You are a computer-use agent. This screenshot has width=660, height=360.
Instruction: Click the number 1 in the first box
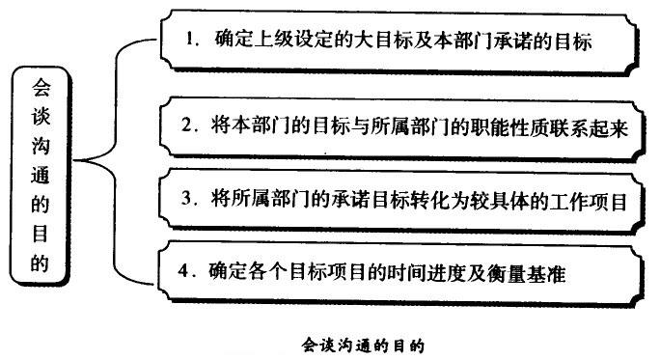pyautogui.click(x=191, y=41)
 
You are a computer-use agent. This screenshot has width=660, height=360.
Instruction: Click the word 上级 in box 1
pyautogui.click(x=272, y=41)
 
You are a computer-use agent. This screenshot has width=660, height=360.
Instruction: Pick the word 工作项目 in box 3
pyautogui.click(x=592, y=201)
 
